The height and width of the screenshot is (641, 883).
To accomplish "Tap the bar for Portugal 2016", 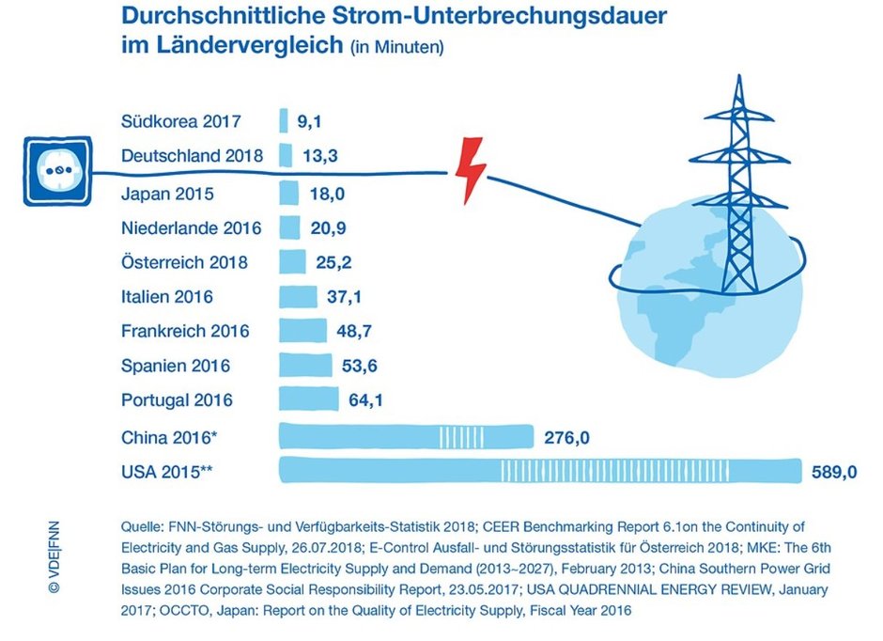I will pyautogui.click(x=309, y=400).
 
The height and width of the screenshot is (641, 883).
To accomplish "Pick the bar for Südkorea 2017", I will pyautogui.click(x=284, y=121).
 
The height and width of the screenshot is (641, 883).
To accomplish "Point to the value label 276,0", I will pyautogui.click(x=567, y=437).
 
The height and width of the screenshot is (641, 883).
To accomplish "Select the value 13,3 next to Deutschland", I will pyautogui.click(x=320, y=156).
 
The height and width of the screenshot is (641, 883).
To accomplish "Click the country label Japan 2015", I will pyautogui.click(x=167, y=195).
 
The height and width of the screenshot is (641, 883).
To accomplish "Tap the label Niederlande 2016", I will pyautogui.click(x=192, y=228).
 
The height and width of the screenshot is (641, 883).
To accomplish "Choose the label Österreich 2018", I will pyautogui.click(x=185, y=262).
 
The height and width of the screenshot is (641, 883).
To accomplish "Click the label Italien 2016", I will pyautogui.click(x=167, y=297).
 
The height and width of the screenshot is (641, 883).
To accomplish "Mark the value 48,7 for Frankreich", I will pyautogui.click(x=354, y=331).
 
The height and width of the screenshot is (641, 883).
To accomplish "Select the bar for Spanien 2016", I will pyautogui.click(x=305, y=366).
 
